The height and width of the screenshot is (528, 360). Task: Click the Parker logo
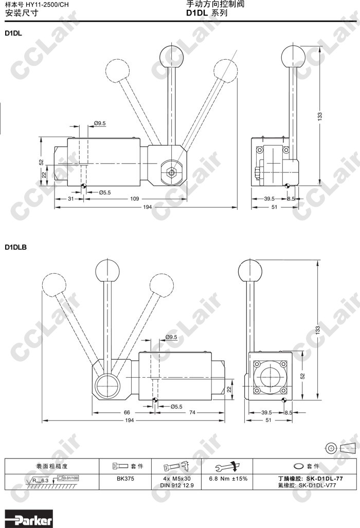pyautogui.click(x=29, y=520)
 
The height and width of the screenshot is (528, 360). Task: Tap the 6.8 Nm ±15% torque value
pyautogui.click(x=228, y=479)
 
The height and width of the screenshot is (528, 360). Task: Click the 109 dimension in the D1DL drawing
pyautogui.click(x=134, y=199)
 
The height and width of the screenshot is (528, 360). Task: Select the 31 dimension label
pyautogui.click(x=70, y=199)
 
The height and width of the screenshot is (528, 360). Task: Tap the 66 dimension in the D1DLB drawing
pyautogui.click(x=127, y=412)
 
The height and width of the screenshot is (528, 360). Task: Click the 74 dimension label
pyautogui.click(x=192, y=412)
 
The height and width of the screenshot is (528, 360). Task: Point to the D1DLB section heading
pyautogui.click(x=15, y=247)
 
